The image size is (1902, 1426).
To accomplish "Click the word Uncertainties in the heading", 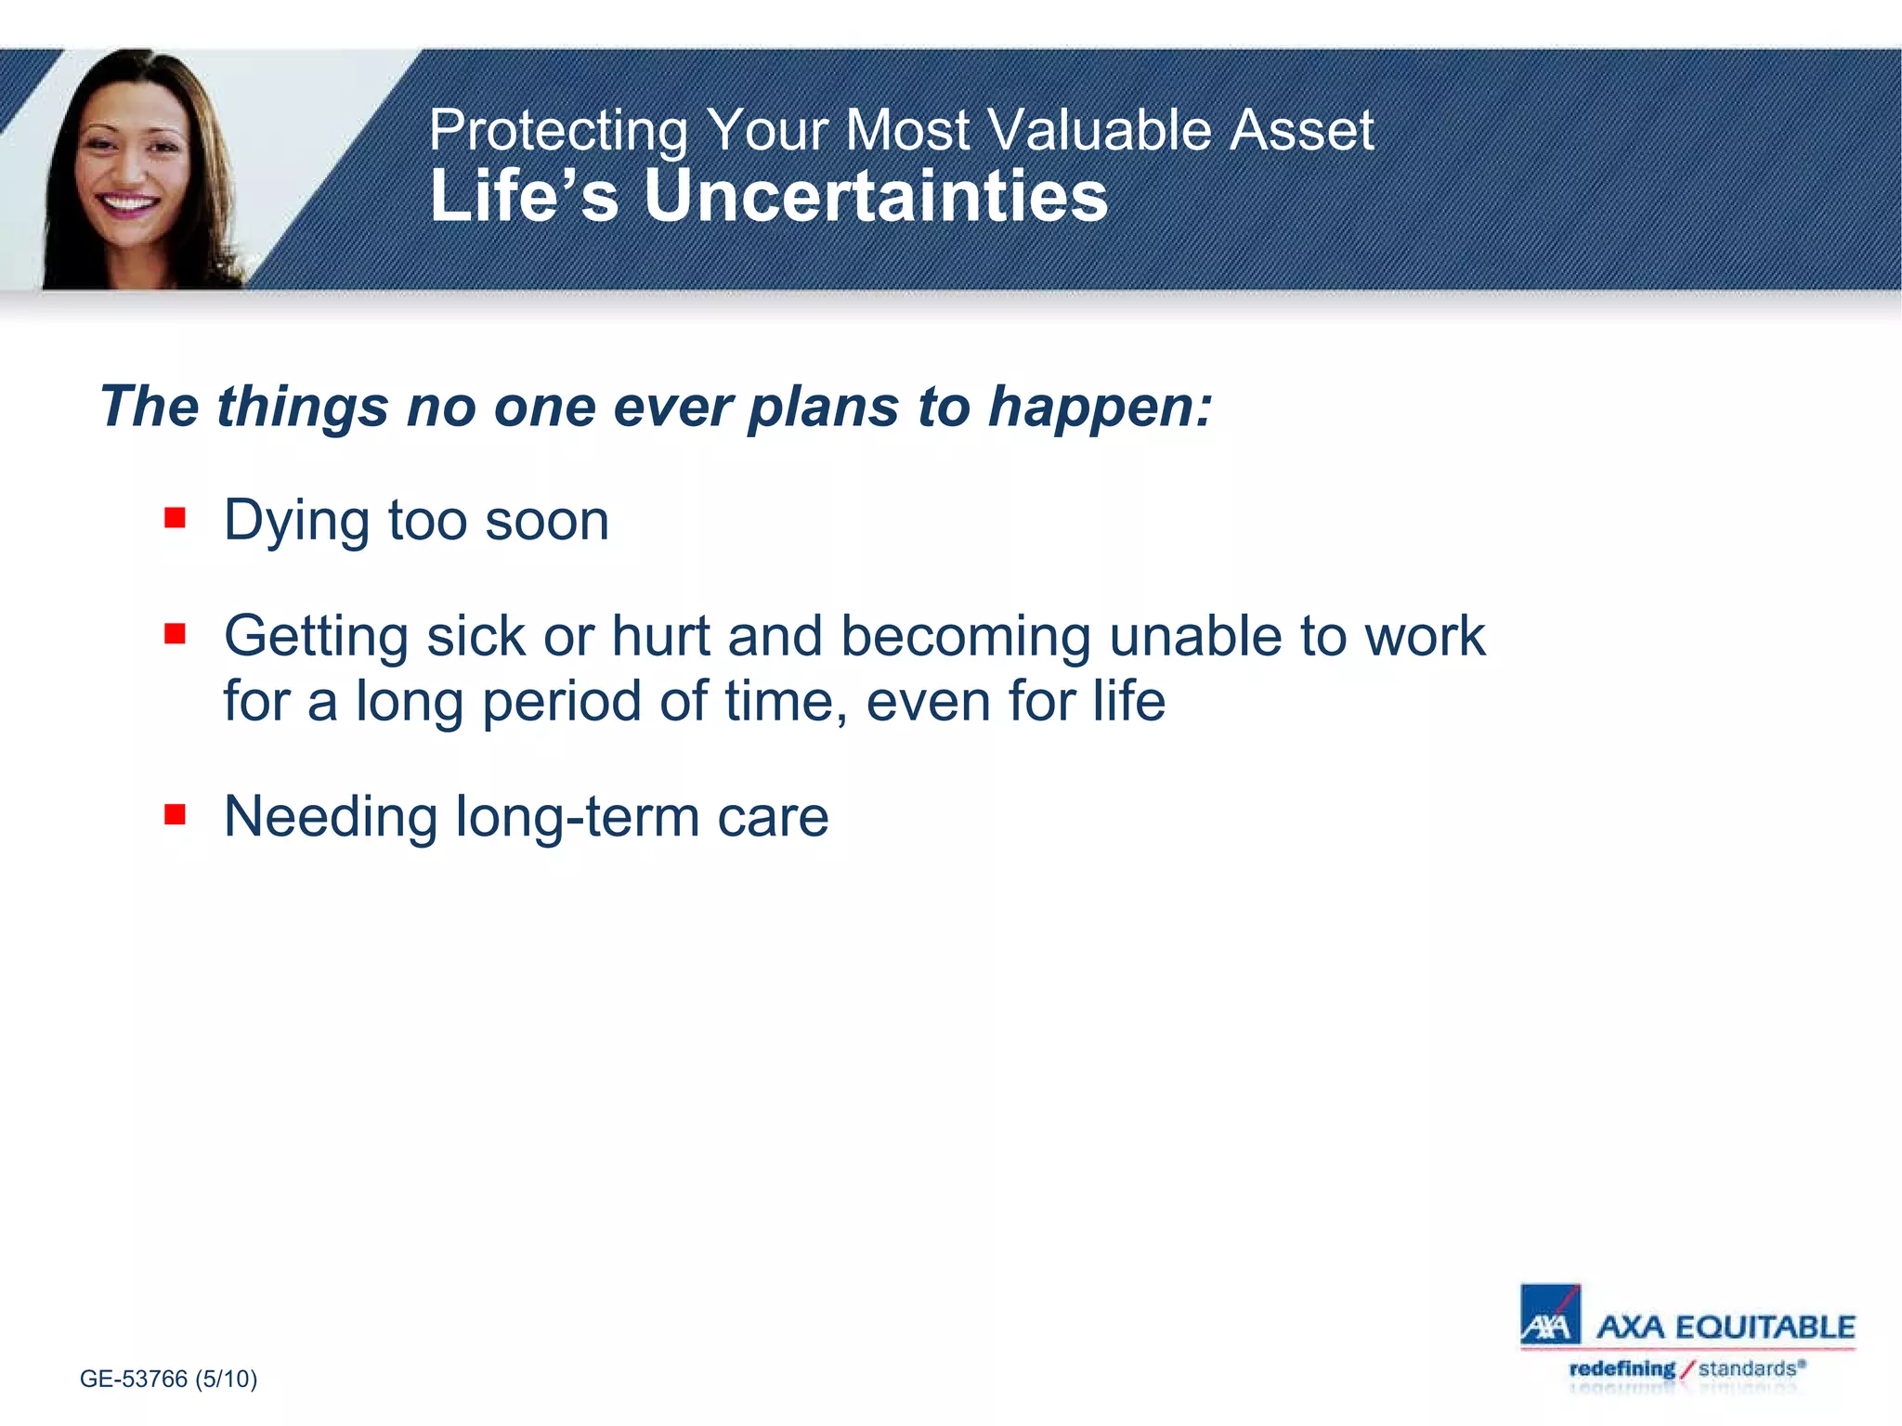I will [x=876, y=197].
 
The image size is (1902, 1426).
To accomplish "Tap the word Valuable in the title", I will [x=1098, y=130].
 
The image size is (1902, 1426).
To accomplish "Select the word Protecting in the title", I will [x=558, y=130].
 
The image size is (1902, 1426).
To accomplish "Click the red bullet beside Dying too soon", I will [x=175, y=517].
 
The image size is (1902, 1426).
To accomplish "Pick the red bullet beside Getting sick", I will [x=175, y=633].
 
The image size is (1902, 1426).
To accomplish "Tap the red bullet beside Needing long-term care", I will [x=175, y=814].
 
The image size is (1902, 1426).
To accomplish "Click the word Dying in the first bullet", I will [x=296, y=522].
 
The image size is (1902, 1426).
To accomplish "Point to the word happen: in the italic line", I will [x=1100, y=408].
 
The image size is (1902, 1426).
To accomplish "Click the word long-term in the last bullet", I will [x=577, y=817].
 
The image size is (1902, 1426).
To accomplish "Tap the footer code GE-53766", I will [x=134, y=1379].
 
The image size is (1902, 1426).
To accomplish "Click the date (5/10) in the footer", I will [x=226, y=1379].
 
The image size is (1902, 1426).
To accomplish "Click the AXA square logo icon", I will [x=1549, y=1314].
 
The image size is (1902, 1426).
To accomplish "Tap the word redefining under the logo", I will [x=1622, y=1368].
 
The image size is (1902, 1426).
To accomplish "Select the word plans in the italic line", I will [x=823, y=408].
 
